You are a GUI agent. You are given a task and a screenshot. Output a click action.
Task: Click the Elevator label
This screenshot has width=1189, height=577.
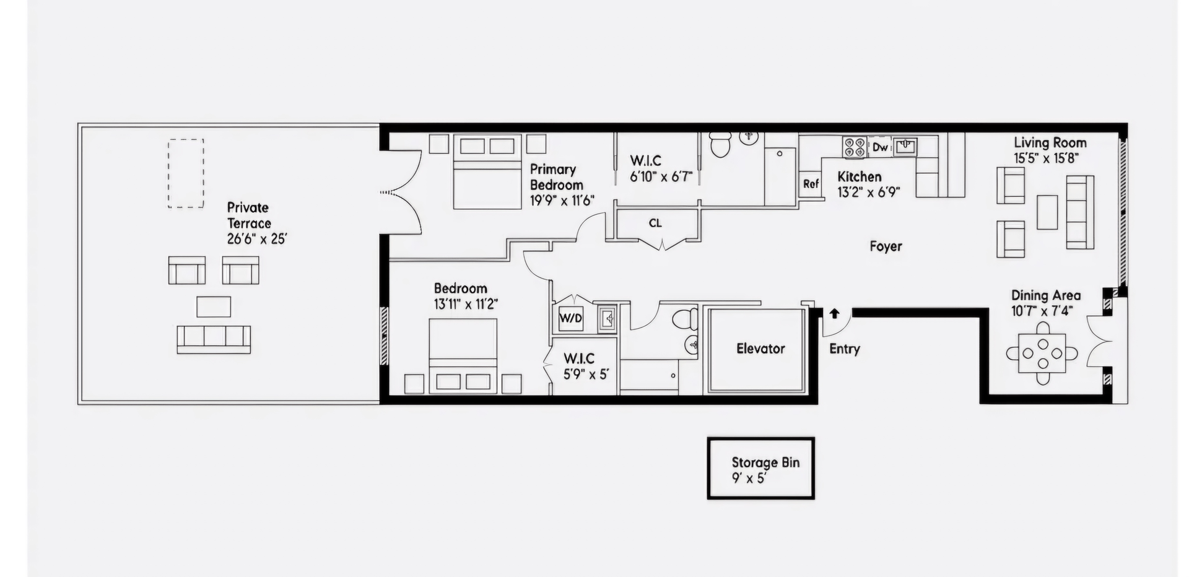[760, 349]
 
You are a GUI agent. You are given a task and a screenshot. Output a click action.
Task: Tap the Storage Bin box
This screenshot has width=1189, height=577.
[761, 469]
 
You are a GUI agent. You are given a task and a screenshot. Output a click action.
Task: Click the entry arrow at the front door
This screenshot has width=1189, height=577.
[834, 313]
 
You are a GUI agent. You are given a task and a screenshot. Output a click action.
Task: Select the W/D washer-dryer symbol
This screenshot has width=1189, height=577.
[570, 318]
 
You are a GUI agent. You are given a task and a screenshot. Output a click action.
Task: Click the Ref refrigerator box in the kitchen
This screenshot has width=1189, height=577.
[811, 184]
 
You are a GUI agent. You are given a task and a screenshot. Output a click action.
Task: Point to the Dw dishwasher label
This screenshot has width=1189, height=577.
[879, 147]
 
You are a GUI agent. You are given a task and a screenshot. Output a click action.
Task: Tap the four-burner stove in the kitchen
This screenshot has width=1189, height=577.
[855, 147]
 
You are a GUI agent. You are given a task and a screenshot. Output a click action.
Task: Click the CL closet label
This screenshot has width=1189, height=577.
[655, 223]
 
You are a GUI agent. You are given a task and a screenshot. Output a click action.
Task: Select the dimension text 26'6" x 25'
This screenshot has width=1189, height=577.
[256, 239]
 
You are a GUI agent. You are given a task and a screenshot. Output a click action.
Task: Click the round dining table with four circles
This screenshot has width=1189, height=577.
[1043, 354]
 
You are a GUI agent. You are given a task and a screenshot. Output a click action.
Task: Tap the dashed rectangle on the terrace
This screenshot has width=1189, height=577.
[186, 173]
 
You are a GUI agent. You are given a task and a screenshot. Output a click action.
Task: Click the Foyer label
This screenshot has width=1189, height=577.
[886, 246]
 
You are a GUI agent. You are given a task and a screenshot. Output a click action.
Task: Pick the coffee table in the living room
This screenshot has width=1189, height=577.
[1047, 212]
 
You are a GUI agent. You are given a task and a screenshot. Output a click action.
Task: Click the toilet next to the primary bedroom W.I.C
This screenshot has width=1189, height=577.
[720, 145]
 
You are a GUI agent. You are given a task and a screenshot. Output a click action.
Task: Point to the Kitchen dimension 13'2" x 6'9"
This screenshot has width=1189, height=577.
[868, 193]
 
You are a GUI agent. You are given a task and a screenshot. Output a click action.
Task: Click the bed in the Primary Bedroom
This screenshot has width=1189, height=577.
[487, 172]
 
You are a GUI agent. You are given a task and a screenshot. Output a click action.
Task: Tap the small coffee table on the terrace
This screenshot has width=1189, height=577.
[214, 306]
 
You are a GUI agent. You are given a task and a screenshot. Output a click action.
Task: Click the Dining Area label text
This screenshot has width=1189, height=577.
[1045, 295]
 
